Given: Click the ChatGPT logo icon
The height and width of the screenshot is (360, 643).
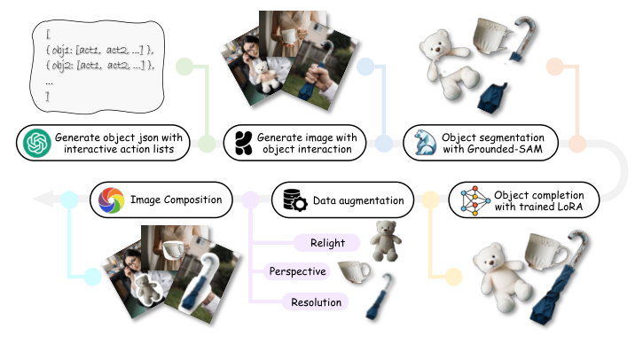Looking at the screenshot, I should click(x=37, y=142).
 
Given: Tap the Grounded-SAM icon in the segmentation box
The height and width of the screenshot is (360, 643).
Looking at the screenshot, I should click(x=422, y=142).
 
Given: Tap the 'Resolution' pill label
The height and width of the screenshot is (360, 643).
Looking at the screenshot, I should click(x=317, y=302).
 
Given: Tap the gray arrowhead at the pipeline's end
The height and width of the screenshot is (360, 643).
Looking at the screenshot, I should click(x=40, y=200).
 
